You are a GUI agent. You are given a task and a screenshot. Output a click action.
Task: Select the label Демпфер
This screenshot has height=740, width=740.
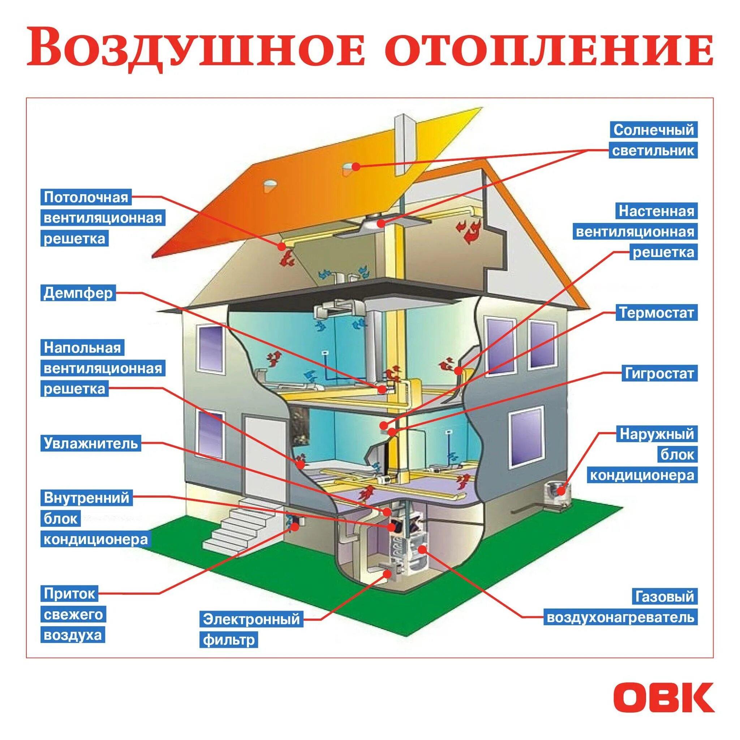coord(78,293)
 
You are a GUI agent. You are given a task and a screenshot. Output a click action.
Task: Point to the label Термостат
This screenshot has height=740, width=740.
coord(657,313)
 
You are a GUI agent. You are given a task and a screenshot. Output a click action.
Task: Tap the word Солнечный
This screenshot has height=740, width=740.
coord(653,130)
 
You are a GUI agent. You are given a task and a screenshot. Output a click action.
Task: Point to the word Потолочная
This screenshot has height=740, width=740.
coord(86,198)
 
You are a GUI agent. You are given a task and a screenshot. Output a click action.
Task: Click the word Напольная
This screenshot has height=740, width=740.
coord(82,348)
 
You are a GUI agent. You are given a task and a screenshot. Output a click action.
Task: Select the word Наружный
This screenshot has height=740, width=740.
coord(657,434)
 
